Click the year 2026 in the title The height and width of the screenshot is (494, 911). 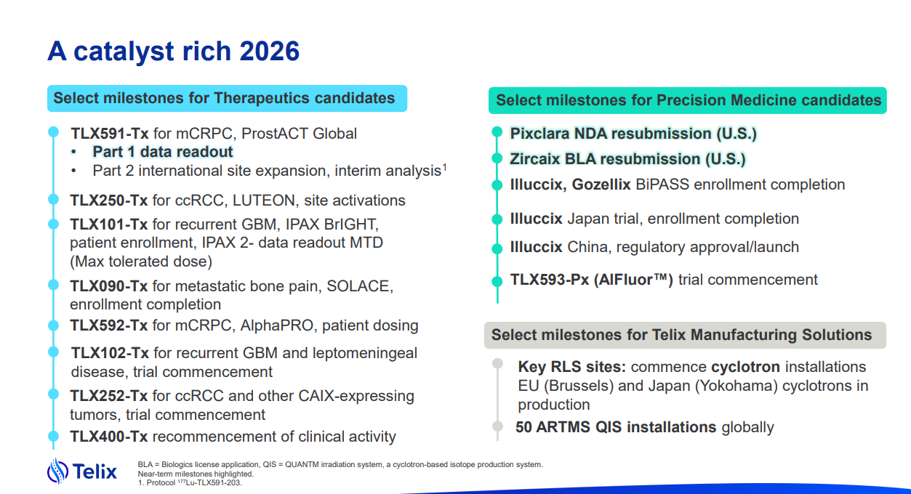269,51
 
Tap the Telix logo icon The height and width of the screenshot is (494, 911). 57,471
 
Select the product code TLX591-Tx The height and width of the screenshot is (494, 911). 109,133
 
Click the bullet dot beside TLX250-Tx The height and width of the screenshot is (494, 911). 53,199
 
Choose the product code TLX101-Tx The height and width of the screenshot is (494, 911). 108,224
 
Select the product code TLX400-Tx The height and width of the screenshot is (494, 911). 108,437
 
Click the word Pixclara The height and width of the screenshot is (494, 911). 539,134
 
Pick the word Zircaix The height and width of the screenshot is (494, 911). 535,159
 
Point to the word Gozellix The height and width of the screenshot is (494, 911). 601,185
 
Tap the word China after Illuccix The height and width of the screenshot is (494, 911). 589,247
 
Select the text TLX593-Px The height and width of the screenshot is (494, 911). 550,280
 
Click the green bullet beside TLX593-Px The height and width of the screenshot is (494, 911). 497,281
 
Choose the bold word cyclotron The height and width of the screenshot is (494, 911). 745,367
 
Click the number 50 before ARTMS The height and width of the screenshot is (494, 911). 523,427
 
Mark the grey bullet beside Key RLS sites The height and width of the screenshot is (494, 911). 497,363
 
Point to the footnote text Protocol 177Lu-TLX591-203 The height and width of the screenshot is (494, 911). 194,482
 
